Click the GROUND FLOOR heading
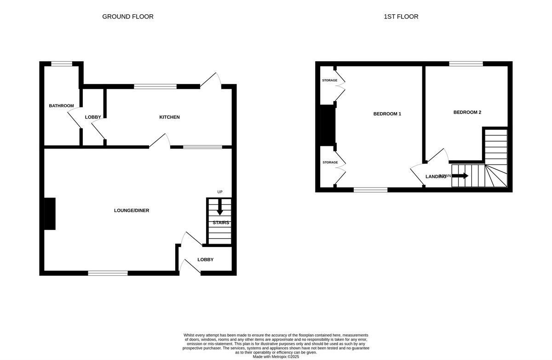click(x=127, y=17)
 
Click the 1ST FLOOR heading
click(x=401, y=17)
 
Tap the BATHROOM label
click(x=61, y=106)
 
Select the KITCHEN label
click(x=169, y=117)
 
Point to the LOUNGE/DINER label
click(x=132, y=211)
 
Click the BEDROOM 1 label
click(x=387, y=114)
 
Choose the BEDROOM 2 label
click(x=467, y=112)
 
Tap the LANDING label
click(x=436, y=177)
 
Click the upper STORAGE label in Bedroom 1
click(x=329, y=80)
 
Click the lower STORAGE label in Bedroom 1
click(x=330, y=162)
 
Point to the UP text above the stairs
click(x=220, y=192)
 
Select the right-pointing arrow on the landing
click(x=460, y=176)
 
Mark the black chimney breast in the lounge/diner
click(x=49, y=213)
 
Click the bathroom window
click(x=62, y=64)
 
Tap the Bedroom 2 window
click(x=466, y=64)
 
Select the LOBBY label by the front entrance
click(x=205, y=260)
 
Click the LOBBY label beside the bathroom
click(x=93, y=117)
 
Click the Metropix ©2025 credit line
click(x=276, y=356)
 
